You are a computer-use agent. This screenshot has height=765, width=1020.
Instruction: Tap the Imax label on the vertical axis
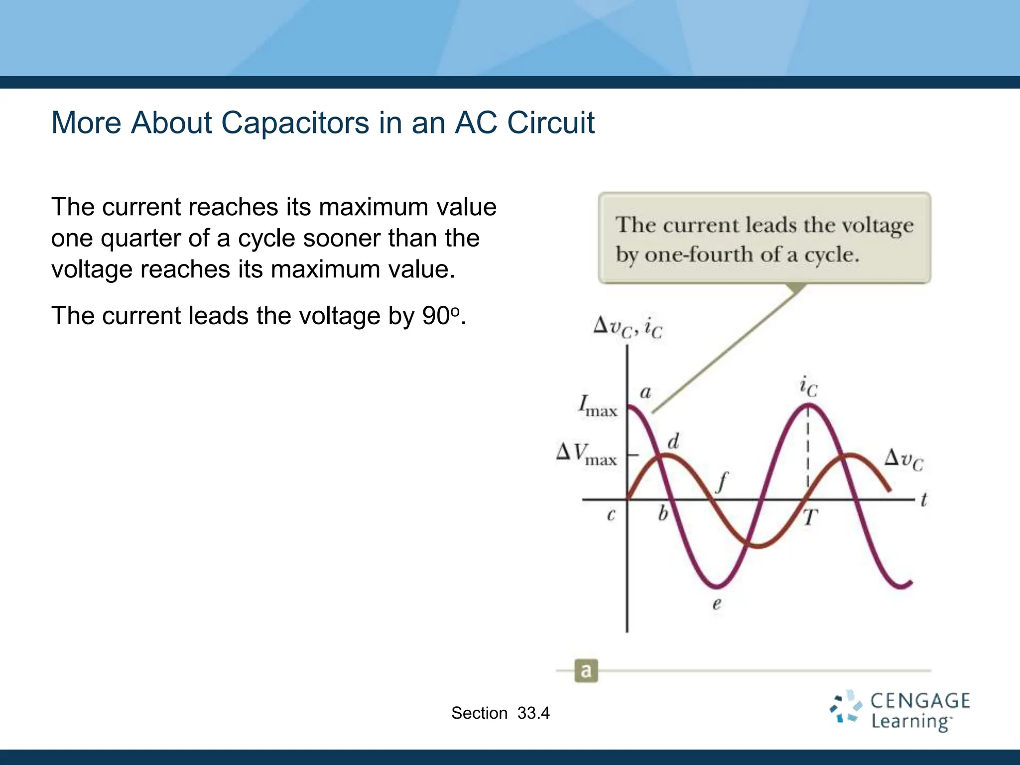tap(598, 406)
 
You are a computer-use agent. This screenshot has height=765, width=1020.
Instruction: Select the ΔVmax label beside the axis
tap(587, 453)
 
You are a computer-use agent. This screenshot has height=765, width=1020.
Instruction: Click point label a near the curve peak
tap(645, 392)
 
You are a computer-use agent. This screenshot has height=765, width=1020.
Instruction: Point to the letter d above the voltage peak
tap(673, 441)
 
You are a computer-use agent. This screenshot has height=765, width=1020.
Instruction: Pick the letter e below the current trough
tap(717, 604)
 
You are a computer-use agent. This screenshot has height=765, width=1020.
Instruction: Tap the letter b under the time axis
tap(663, 513)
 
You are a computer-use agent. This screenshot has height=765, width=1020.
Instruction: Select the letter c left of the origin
tap(611, 514)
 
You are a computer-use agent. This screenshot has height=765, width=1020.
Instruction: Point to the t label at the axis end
tap(923, 500)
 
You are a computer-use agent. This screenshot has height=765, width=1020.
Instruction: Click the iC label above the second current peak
tap(808, 387)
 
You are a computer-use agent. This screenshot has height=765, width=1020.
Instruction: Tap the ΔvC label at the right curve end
tap(903, 459)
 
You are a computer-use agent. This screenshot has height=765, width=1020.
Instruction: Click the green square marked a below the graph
tap(586, 671)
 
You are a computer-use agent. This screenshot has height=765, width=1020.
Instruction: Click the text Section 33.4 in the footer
tap(500, 713)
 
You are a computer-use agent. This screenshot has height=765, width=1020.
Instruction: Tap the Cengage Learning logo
tap(899, 711)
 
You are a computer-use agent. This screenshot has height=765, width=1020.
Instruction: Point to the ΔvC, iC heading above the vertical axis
tap(628, 328)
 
